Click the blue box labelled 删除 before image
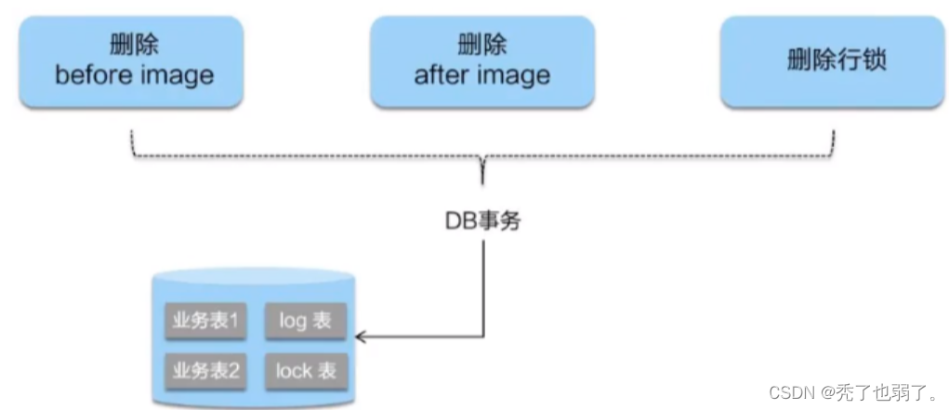(x=132, y=60)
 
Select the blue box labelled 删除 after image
(x=481, y=60)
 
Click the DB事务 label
(x=482, y=222)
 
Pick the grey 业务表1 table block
(x=205, y=322)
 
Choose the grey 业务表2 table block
(x=205, y=371)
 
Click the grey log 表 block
(x=306, y=322)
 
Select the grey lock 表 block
(x=306, y=371)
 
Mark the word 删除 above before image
(x=132, y=45)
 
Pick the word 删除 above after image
(x=481, y=45)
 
